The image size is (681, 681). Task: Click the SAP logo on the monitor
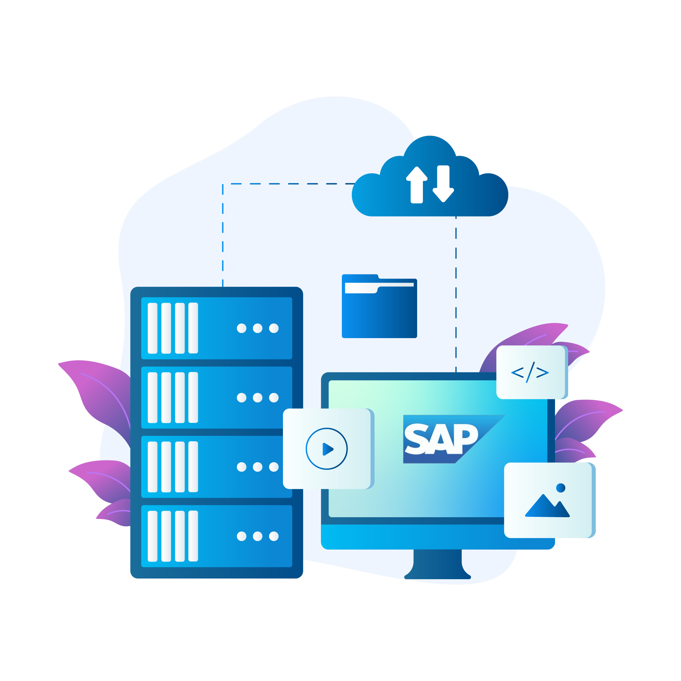tap(454, 439)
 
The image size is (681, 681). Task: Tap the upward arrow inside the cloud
tap(417, 184)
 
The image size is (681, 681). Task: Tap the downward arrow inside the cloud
tap(443, 184)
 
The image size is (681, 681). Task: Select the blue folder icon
tap(379, 306)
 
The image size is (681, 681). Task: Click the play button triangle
tap(328, 449)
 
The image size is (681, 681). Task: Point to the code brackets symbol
tap(530, 372)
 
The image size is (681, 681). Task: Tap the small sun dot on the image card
tap(560, 488)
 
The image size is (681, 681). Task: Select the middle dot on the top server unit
tap(258, 328)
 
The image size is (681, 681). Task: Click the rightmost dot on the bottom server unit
tap(274, 536)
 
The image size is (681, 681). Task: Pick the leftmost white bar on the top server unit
tap(153, 328)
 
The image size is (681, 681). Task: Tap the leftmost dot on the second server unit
tap(241, 398)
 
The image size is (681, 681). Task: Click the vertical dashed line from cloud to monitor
tap(456, 294)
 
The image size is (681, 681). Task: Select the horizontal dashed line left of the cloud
tap(292, 184)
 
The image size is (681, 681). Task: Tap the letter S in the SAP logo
tap(416, 439)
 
